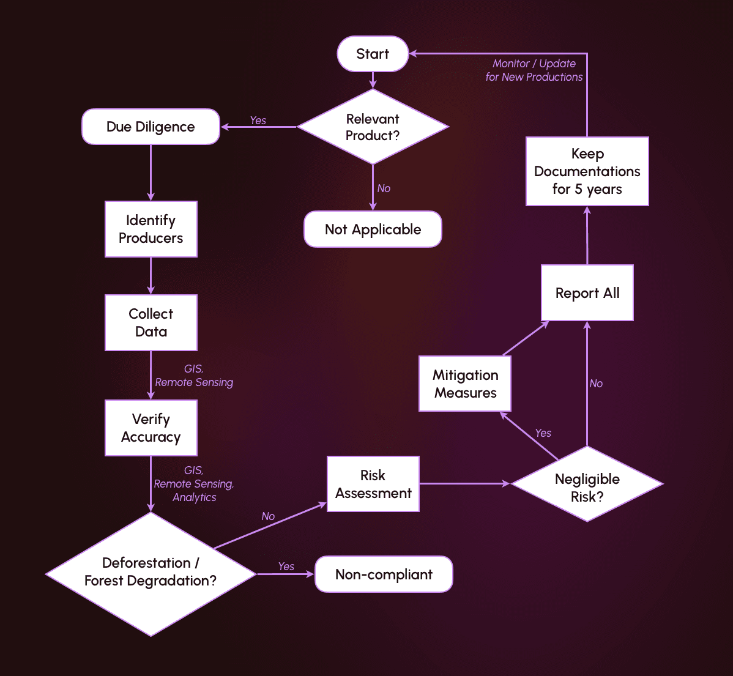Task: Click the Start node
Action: tap(373, 54)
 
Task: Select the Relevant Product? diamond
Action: tap(373, 127)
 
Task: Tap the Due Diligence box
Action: tap(151, 127)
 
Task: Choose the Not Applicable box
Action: tap(373, 229)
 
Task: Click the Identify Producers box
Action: tap(151, 229)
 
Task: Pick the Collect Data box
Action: tap(151, 322)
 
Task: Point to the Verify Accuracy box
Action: tap(151, 428)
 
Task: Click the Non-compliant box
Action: tap(384, 574)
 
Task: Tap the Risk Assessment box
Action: tap(373, 484)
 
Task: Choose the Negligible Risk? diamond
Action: tap(587, 484)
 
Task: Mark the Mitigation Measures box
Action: tap(465, 384)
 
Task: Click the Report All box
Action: tap(587, 293)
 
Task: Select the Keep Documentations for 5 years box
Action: tap(587, 171)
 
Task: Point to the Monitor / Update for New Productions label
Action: tap(534, 70)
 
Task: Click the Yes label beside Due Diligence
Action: tap(258, 121)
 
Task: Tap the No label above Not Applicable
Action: tap(384, 188)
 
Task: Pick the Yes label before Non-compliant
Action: tap(286, 566)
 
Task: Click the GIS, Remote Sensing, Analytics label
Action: tap(194, 484)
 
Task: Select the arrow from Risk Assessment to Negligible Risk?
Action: tap(465, 484)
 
